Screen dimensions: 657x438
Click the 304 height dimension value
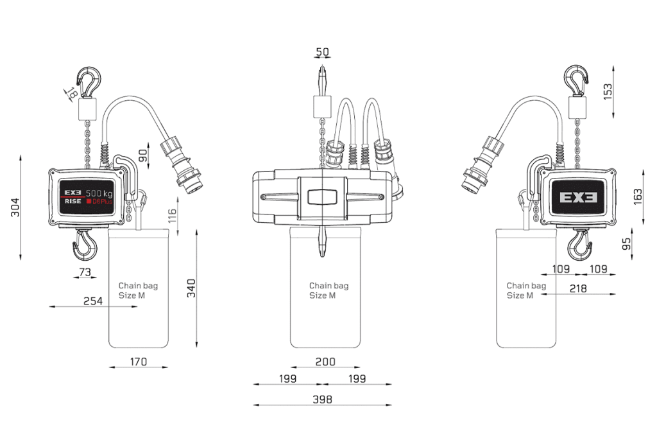click(x=15, y=207)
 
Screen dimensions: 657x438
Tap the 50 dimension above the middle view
click(x=322, y=51)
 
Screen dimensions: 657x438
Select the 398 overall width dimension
click(x=322, y=399)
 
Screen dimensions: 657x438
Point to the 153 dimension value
click(x=607, y=91)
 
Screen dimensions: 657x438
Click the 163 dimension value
click(x=637, y=197)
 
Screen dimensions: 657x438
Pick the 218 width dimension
click(x=578, y=288)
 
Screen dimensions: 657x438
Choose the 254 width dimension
click(x=93, y=301)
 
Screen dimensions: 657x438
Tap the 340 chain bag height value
click(x=191, y=288)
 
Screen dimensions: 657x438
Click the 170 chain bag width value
click(x=139, y=361)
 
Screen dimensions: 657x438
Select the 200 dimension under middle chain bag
click(x=325, y=361)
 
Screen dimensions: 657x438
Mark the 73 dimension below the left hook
click(x=85, y=272)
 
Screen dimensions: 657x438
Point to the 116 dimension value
click(x=172, y=216)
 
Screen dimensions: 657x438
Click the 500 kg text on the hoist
click(x=99, y=193)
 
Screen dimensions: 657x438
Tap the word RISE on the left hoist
click(x=73, y=202)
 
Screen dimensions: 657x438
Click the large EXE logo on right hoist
click(x=578, y=198)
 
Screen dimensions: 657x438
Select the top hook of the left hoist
click(x=89, y=82)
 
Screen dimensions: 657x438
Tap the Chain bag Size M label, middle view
click(x=328, y=290)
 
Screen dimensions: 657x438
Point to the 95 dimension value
click(x=626, y=244)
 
